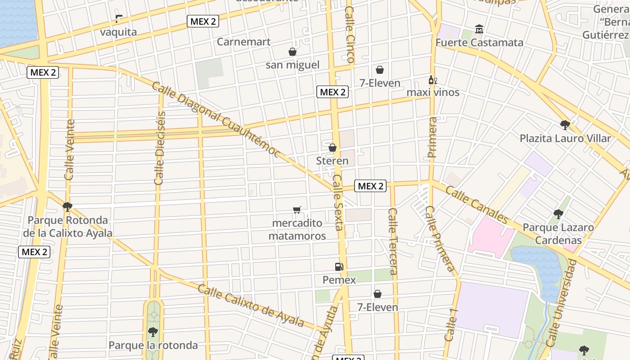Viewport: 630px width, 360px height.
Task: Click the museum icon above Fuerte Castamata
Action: click(479, 29)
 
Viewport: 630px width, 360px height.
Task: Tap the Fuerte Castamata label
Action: click(479, 43)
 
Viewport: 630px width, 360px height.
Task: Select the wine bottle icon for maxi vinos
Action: click(432, 80)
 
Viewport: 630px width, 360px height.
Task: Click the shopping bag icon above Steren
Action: click(333, 148)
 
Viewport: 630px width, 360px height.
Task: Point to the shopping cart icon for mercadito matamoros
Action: click(297, 210)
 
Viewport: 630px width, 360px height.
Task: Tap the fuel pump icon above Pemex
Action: click(339, 267)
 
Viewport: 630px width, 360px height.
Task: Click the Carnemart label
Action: click(243, 42)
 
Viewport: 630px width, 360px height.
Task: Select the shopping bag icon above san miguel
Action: click(292, 52)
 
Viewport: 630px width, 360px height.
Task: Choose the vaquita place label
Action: click(118, 32)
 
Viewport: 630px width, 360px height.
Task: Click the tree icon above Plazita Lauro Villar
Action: click(565, 125)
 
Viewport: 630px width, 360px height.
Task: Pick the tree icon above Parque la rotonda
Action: click(153, 333)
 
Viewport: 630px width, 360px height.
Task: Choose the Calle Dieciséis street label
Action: click(160, 148)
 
